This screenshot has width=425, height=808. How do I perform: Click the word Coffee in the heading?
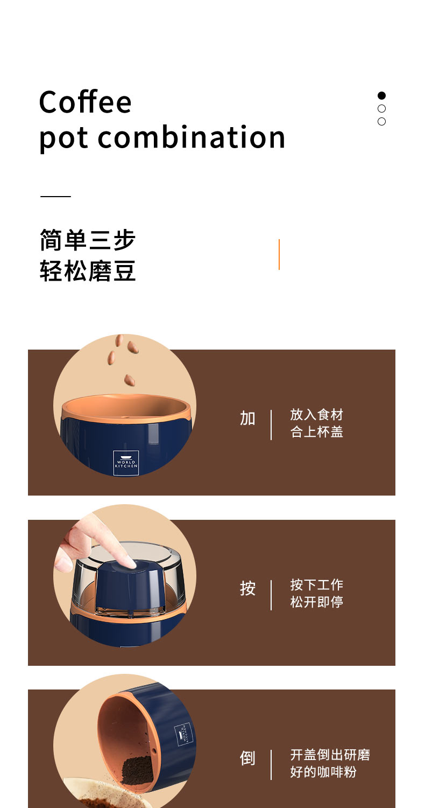click(85, 102)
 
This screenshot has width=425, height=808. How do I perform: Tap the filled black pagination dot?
click(381, 95)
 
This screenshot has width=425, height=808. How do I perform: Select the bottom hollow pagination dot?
click(381, 122)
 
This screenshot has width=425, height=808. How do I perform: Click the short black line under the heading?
click(55, 196)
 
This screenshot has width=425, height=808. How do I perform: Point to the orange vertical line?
click(279, 254)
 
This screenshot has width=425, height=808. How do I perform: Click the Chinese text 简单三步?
click(88, 240)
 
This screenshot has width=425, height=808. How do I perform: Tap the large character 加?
click(247, 419)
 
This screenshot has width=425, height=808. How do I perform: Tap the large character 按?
click(247, 588)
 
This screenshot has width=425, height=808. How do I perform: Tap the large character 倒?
click(247, 758)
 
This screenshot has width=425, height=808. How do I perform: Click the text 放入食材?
click(316, 414)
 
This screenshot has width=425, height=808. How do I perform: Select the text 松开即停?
click(316, 602)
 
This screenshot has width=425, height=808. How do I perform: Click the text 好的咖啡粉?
click(323, 771)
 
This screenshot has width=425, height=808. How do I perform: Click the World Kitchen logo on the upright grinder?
click(126, 463)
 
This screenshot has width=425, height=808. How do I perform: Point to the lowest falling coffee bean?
click(130, 380)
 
